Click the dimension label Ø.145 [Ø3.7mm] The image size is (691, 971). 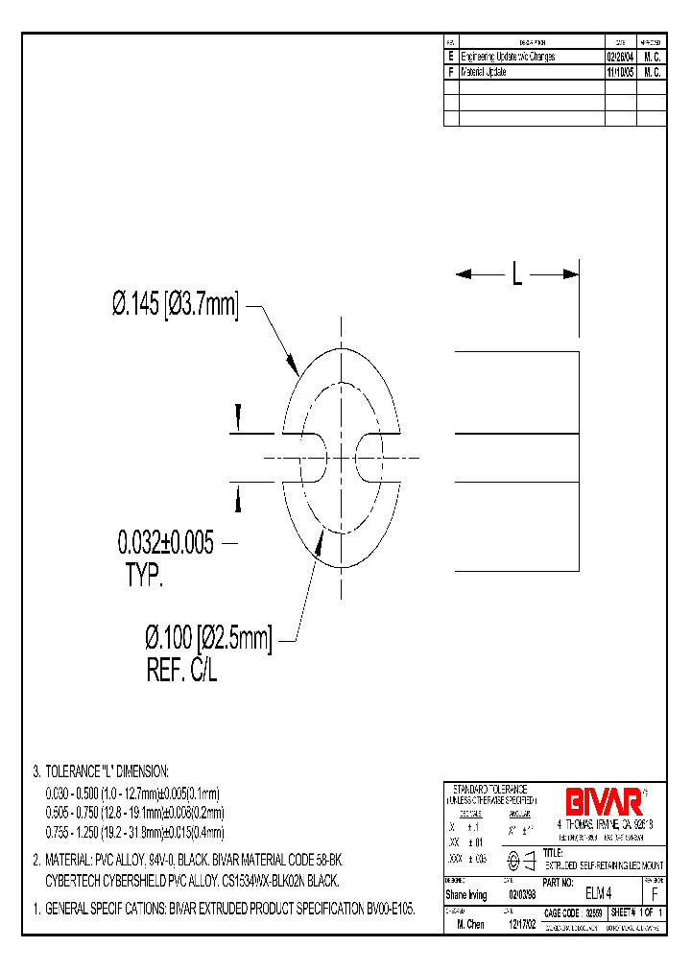pos(174,305)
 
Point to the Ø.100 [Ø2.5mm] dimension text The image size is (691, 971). pos(208,639)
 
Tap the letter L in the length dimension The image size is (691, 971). pos(516,275)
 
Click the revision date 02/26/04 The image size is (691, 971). pos(619,58)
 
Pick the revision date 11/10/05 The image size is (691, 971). pos(619,72)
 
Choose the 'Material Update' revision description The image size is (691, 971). pos(484,72)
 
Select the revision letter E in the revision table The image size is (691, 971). pos(451,58)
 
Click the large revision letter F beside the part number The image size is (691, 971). pos(654,893)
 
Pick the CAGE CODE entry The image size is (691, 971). pos(574,914)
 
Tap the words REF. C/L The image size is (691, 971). pos(182,672)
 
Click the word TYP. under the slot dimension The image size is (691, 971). pos(144,576)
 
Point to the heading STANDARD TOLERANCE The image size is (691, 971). pos(489,788)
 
